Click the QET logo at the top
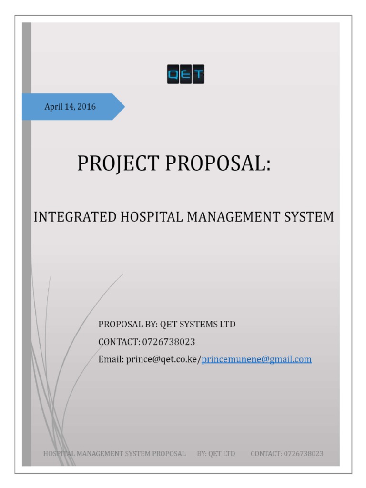point(185,74)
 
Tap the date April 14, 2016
point(70,107)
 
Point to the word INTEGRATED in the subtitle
point(74,217)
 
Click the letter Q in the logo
point(173,74)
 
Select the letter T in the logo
point(198,74)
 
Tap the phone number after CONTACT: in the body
point(169,342)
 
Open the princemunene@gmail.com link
point(257,359)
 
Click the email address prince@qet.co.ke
point(163,359)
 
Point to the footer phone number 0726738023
point(304,453)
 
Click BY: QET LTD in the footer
point(216,453)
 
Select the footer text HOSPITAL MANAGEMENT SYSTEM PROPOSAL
point(114,453)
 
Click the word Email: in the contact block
point(111,359)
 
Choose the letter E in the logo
point(185,74)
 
